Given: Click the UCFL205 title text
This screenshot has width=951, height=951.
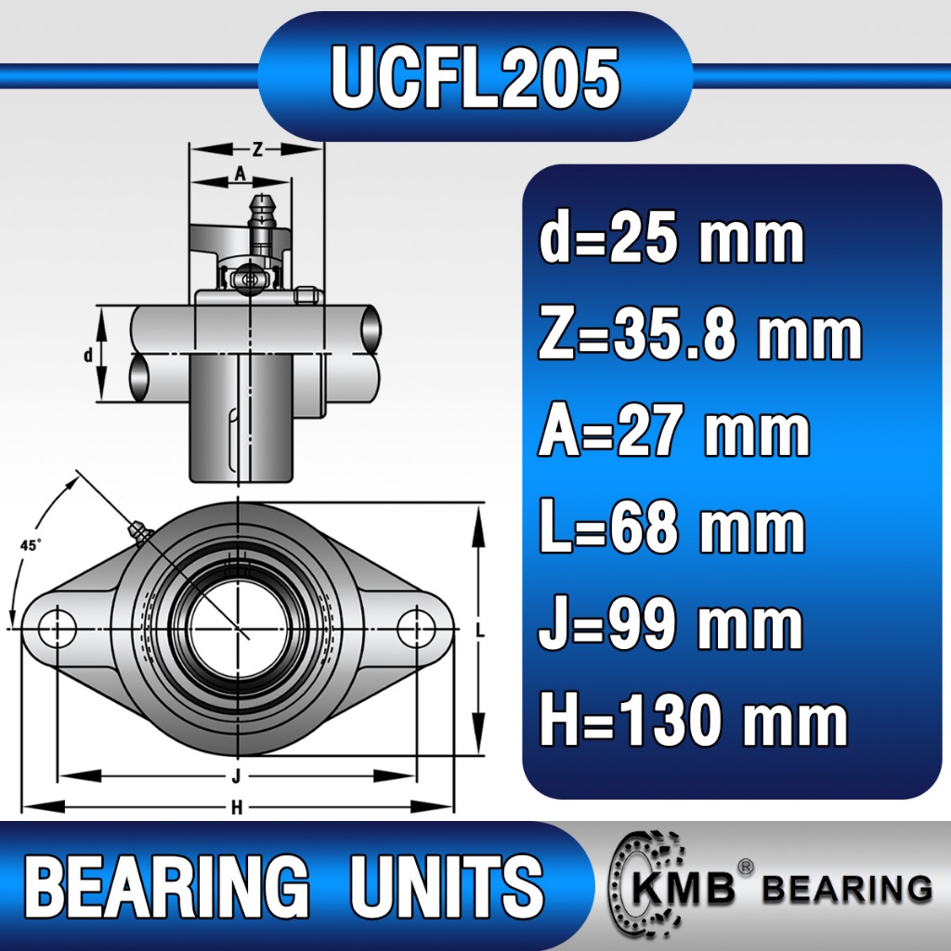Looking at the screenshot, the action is (475, 77).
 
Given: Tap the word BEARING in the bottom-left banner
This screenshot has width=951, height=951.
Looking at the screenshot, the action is (166, 885).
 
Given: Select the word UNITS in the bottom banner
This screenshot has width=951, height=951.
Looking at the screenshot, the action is (447, 885).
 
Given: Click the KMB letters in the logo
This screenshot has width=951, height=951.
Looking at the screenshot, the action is (684, 890).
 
